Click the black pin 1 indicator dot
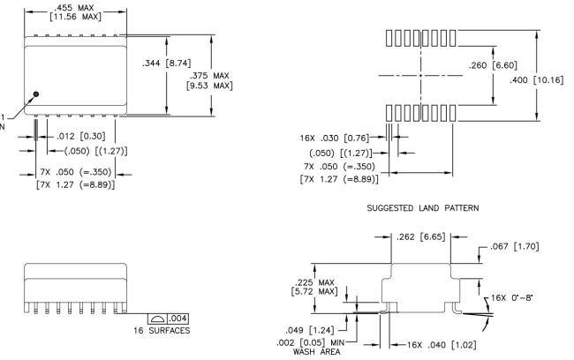pos(36,94)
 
